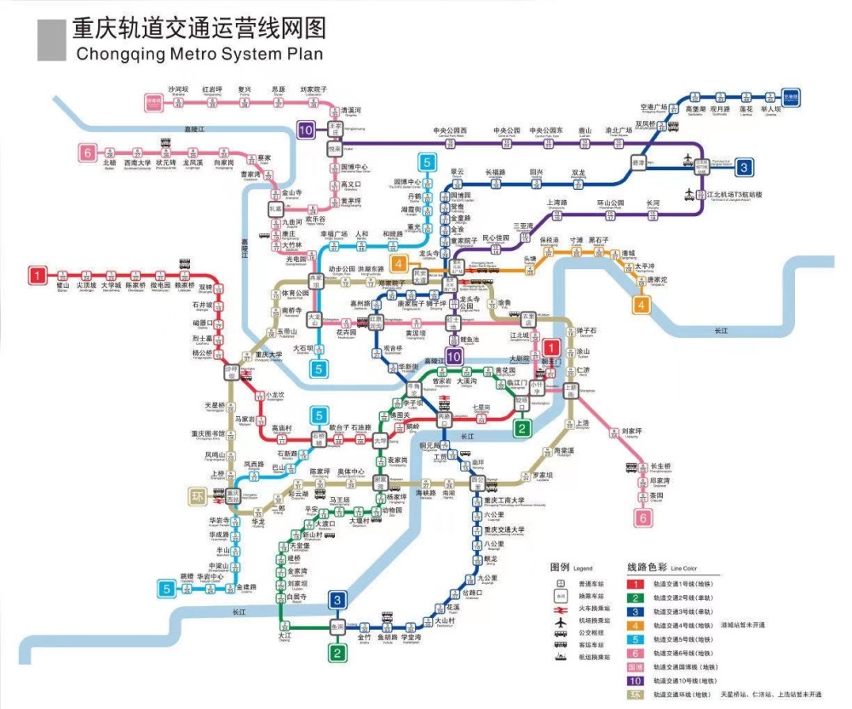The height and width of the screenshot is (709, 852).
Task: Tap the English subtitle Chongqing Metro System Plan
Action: click(199, 54)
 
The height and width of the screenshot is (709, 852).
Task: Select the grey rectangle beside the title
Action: click(51, 40)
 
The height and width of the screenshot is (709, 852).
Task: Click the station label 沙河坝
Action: click(177, 89)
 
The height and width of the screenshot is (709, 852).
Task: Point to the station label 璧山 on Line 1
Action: click(62, 285)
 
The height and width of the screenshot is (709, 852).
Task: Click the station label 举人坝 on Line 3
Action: click(770, 109)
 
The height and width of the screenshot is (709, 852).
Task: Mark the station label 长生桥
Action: click(661, 466)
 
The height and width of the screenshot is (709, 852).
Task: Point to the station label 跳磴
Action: click(187, 576)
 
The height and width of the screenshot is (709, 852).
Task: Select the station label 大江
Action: click(284, 635)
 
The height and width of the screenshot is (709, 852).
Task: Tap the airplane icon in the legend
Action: click(560, 624)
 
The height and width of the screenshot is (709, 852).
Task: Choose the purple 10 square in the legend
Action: click(635, 680)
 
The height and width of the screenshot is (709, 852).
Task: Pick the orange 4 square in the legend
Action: click(635, 625)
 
